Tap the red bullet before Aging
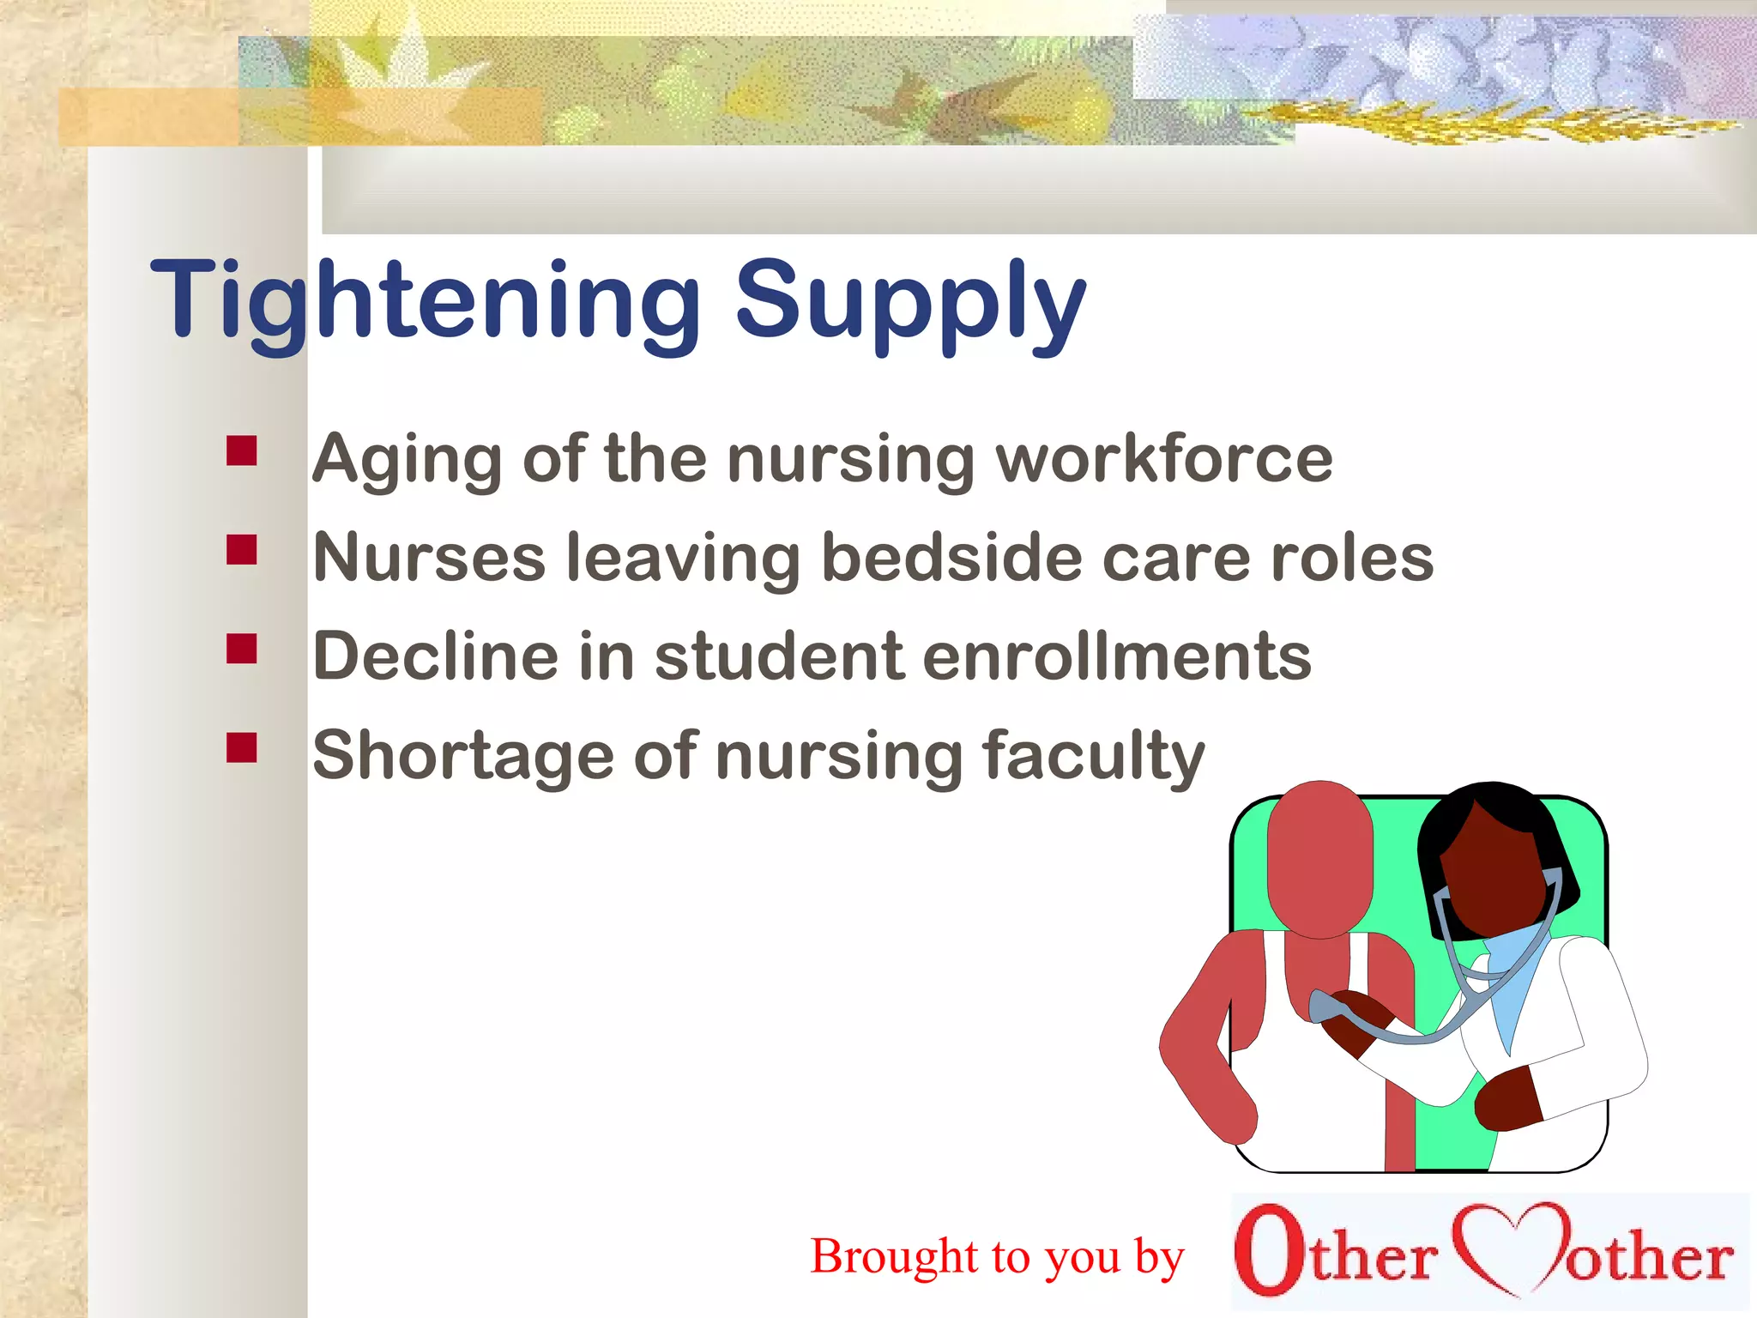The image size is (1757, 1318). (x=242, y=450)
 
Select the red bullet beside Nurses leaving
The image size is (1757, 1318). (x=242, y=549)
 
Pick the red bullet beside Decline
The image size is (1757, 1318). (x=242, y=649)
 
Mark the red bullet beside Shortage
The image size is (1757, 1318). (x=242, y=747)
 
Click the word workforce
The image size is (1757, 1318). (x=1163, y=459)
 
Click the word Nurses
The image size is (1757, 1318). (x=429, y=558)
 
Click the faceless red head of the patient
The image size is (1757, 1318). (x=1319, y=858)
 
